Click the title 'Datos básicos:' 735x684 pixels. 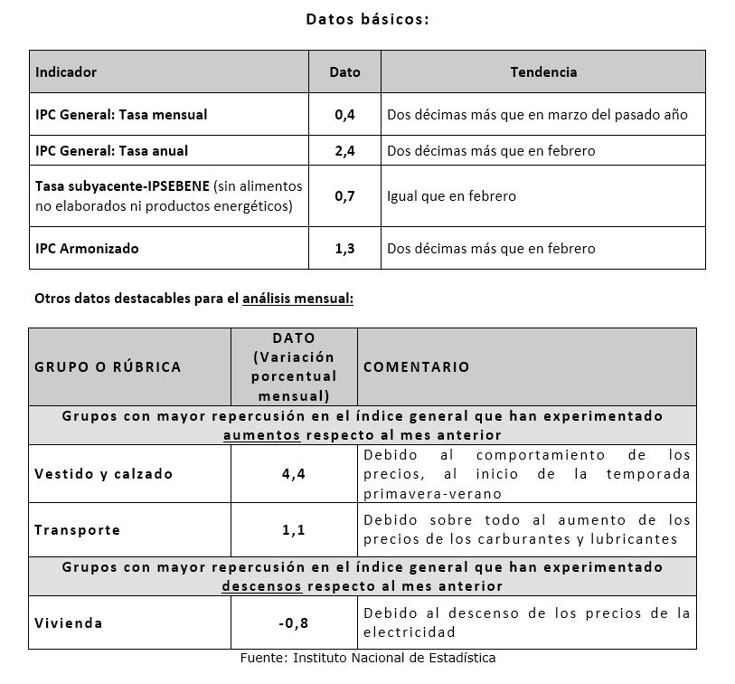pos(366,19)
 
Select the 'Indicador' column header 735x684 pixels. pos(66,71)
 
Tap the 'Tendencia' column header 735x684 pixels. pos(542,71)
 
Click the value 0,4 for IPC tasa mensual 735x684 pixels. pos(344,115)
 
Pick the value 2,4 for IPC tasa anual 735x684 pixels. pos(344,150)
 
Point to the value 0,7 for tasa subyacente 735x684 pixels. pos(344,195)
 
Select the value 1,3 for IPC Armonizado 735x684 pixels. pos(344,248)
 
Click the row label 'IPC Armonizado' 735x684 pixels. pos(87,248)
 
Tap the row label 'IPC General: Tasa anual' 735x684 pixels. pos(112,150)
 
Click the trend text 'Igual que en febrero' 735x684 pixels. pos(451,195)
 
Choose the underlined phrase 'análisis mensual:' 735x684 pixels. pos(297,298)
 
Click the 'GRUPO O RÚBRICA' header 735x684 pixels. pos(108,366)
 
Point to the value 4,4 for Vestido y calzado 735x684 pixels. pos(293,474)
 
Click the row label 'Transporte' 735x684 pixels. pos(77,530)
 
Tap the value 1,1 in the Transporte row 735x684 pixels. pos(293,530)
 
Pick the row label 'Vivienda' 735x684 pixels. pos(68,622)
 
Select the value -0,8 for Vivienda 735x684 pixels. pos(293,622)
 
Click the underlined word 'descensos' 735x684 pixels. pos(261,585)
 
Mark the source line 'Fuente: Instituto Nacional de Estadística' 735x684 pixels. pos(367,658)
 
